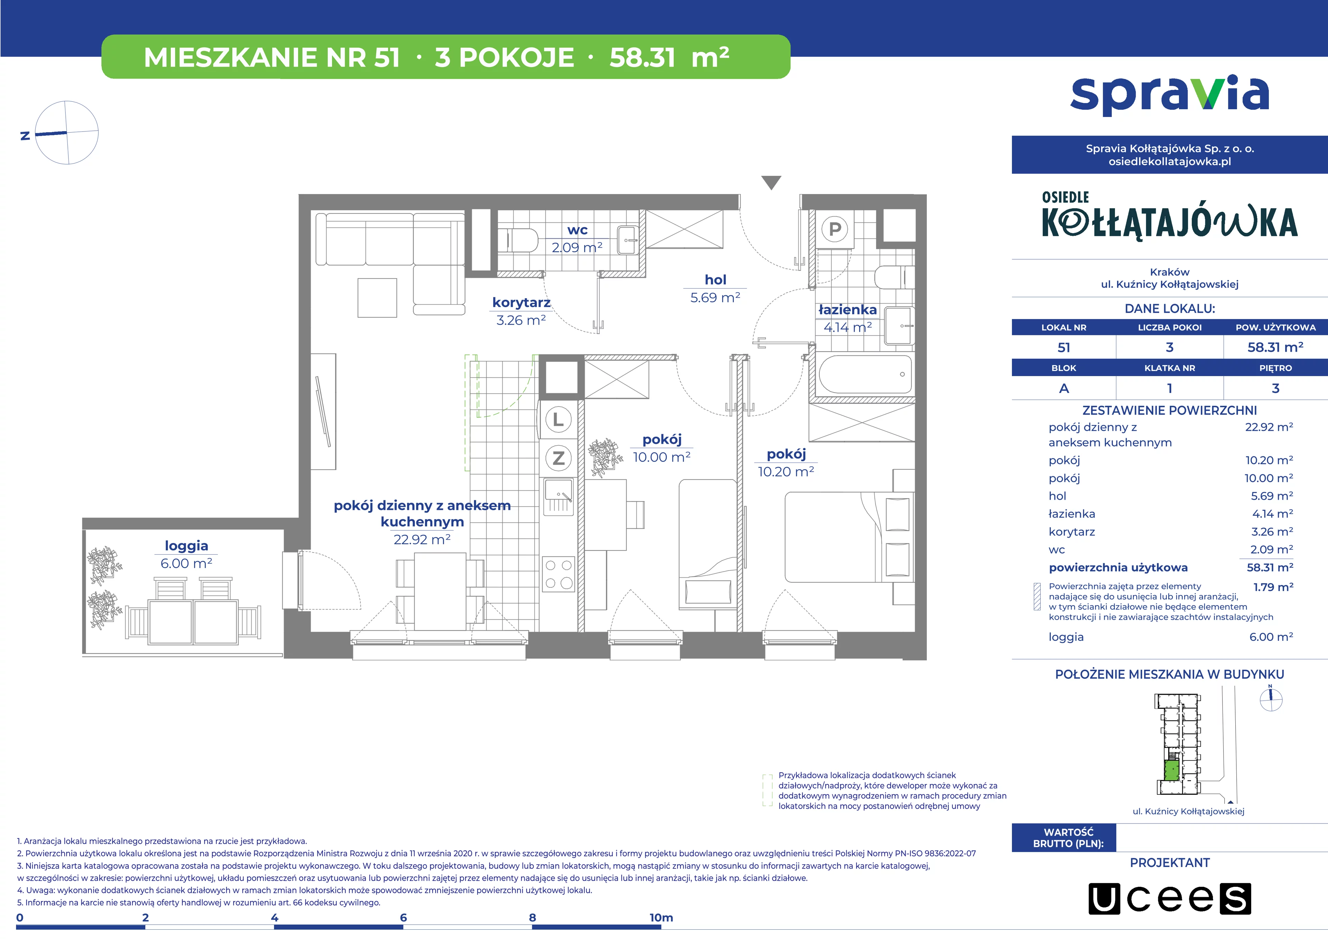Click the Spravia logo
[x=1170, y=95]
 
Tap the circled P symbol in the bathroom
[x=834, y=229]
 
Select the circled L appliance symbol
[x=558, y=419]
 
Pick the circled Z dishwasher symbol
[x=558, y=458]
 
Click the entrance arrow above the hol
[x=771, y=183]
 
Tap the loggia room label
[x=186, y=546]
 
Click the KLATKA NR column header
[x=1170, y=368]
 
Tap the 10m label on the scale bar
[x=661, y=918]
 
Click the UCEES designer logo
[x=1170, y=899]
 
